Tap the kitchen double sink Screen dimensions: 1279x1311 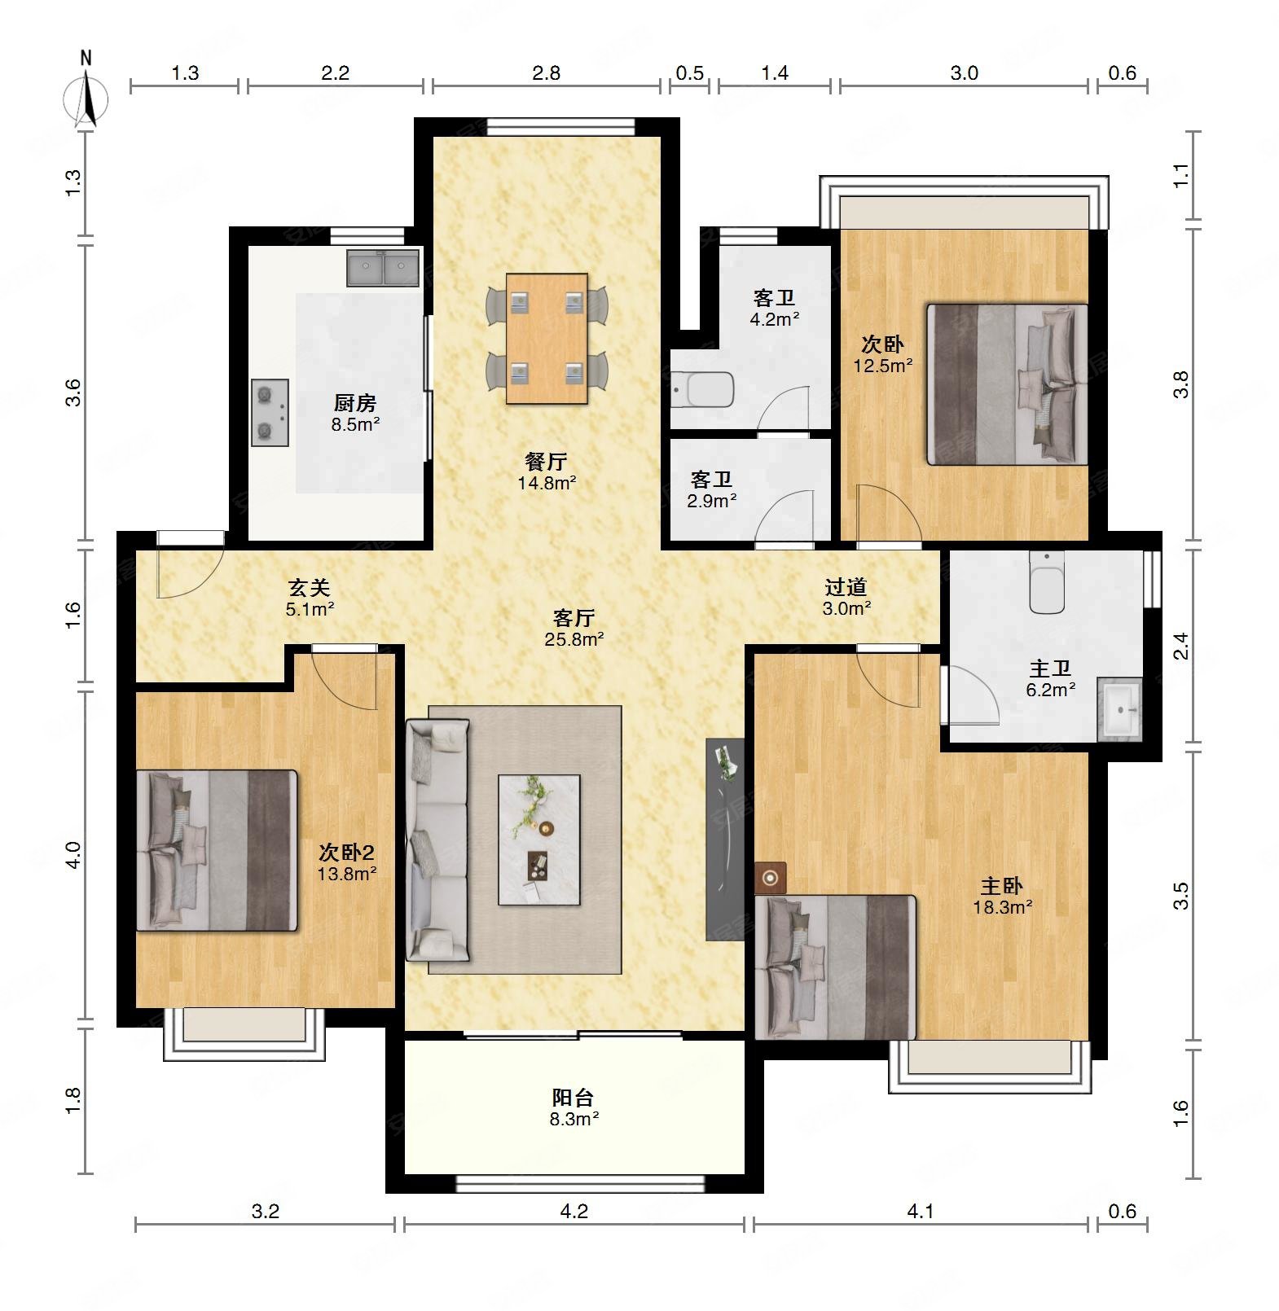383,268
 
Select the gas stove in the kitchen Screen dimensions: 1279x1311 270,413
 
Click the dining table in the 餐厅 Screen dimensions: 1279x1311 547,339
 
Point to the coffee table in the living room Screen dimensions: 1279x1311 539,840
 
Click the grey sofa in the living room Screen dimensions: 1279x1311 437,840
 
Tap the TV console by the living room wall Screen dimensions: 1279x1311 725,840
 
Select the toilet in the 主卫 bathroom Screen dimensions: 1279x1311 1047,582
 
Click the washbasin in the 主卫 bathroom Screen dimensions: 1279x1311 1119,709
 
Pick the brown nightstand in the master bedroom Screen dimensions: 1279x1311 771,878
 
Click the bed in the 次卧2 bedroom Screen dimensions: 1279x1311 217,850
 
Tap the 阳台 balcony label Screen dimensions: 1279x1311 574,1098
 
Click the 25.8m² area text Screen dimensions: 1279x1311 574,639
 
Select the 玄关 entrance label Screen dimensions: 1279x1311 310,587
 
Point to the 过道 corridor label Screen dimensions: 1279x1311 846,586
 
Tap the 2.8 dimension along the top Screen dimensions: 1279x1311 546,73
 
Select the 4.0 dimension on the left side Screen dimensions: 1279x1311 73,855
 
